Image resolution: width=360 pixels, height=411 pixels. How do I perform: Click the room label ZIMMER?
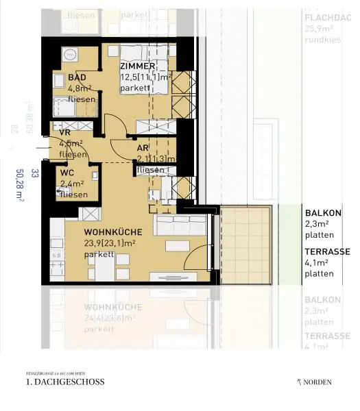tap(142, 66)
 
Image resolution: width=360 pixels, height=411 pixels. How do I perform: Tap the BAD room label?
tap(77, 77)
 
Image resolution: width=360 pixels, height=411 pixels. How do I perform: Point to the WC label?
tap(67, 173)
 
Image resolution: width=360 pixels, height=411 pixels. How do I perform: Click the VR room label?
tap(66, 133)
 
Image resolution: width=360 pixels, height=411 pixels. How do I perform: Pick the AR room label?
tap(143, 148)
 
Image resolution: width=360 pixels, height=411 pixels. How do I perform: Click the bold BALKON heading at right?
tap(322, 213)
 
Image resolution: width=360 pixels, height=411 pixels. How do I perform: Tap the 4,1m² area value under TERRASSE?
tap(318, 262)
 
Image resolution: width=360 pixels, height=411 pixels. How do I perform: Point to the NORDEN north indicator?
tap(315, 382)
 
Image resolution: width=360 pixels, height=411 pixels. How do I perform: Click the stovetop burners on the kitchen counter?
tap(56, 258)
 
